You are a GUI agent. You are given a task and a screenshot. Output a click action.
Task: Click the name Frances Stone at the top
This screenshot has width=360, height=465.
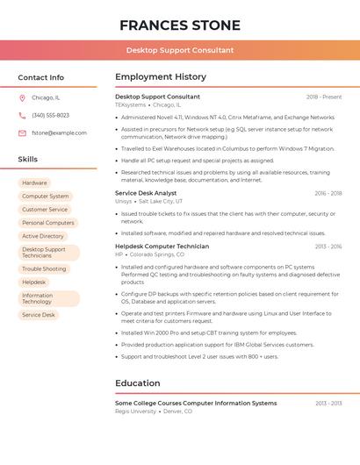click(179, 25)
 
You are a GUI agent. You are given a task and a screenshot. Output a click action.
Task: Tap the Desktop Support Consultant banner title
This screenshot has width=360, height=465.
click(179, 50)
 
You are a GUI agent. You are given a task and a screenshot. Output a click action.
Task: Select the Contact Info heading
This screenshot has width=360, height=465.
click(41, 77)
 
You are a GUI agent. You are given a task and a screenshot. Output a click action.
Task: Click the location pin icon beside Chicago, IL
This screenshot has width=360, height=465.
click(22, 97)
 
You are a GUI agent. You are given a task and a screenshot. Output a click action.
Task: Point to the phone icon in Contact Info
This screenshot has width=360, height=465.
click(22, 115)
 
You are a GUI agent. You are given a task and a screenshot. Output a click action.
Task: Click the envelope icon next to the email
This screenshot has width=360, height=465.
click(22, 132)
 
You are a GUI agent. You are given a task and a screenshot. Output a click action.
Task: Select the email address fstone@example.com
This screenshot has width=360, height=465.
click(59, 132)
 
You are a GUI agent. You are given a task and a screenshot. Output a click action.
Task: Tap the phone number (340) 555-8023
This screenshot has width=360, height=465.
click(50, 115)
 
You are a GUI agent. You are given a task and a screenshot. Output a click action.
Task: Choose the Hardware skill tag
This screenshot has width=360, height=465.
click(34, 182)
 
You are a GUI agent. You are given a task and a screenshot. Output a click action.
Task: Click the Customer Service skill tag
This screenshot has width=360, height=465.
click(45, 210)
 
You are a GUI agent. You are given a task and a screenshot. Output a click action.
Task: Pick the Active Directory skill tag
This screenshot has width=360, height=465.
click(43, 236)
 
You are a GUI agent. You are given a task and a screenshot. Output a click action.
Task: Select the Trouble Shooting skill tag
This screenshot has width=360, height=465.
click(44, 268)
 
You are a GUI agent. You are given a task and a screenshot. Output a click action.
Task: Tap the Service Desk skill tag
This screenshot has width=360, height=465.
click(39, 314)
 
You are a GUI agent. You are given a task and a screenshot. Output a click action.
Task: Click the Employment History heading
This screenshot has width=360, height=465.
click(161, 77)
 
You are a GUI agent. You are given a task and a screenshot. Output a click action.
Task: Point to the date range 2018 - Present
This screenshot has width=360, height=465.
click(324, 97)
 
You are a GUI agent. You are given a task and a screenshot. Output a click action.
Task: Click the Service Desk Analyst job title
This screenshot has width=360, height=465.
click(146, 193)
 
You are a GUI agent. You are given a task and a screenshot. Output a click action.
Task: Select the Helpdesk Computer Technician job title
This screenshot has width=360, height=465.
click(162, 247)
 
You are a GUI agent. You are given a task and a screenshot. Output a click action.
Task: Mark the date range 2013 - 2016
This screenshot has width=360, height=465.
click(328, 247)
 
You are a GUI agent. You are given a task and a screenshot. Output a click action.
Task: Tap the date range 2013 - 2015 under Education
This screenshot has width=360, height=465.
click(328, 403)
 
